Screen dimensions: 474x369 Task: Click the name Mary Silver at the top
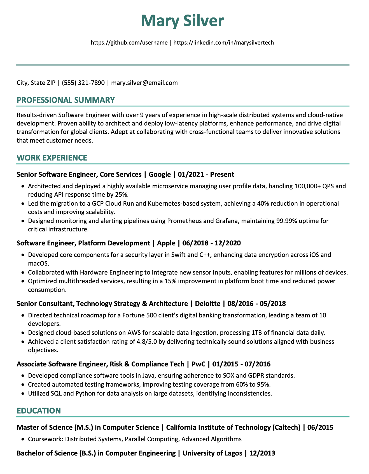pos(182,21)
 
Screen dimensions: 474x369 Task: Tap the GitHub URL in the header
pos(129,43)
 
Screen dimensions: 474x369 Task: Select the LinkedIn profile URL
pos(224,43)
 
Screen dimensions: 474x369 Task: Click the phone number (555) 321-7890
pos(83,83)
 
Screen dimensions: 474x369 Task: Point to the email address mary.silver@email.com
pos(144,83)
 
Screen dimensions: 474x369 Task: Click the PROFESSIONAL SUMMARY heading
pos(66,100)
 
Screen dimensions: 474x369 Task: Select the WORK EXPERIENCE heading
pos(52,158)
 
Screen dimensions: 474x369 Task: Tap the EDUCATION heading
pos(39,411)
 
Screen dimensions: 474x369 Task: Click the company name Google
pos(160,175)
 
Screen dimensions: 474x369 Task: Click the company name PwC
pos(198,364)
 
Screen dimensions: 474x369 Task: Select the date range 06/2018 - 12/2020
pos(211,243)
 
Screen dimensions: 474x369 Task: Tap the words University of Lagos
pos(212,453)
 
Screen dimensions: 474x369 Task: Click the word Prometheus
pos(185,221)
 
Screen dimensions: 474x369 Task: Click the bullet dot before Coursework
pos(23,439)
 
